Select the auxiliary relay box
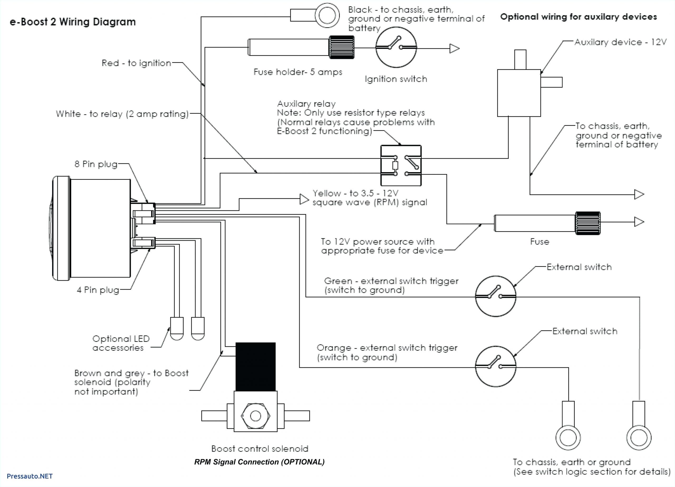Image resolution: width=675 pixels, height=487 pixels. point(401,166)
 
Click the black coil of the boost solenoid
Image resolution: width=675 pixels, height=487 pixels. point(255,367)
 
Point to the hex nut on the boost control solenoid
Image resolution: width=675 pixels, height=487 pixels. point(255,416)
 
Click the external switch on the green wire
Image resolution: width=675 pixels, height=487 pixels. point(495,296)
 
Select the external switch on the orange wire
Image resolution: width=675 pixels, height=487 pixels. point(495,366)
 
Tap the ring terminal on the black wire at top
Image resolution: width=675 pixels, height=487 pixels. point(327,15)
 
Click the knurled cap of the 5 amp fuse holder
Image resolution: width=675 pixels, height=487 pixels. point(341,47)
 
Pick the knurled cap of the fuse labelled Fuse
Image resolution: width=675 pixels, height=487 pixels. point(587,223)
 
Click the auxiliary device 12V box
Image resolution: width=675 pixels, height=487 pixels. point(519,93)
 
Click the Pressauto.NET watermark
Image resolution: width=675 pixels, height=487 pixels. point(30,476)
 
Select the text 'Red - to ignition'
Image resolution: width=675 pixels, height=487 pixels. point(136,63)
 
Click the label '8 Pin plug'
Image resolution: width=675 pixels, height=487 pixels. point(96,164)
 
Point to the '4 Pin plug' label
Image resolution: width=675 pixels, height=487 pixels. point(98,290)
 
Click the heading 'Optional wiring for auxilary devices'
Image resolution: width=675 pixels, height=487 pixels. point(578,17)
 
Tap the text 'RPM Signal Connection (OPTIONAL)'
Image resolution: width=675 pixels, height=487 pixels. point(259,462)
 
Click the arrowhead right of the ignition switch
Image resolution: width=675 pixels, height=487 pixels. point(454,48)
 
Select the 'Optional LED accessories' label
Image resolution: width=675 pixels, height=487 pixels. point(120,343)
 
